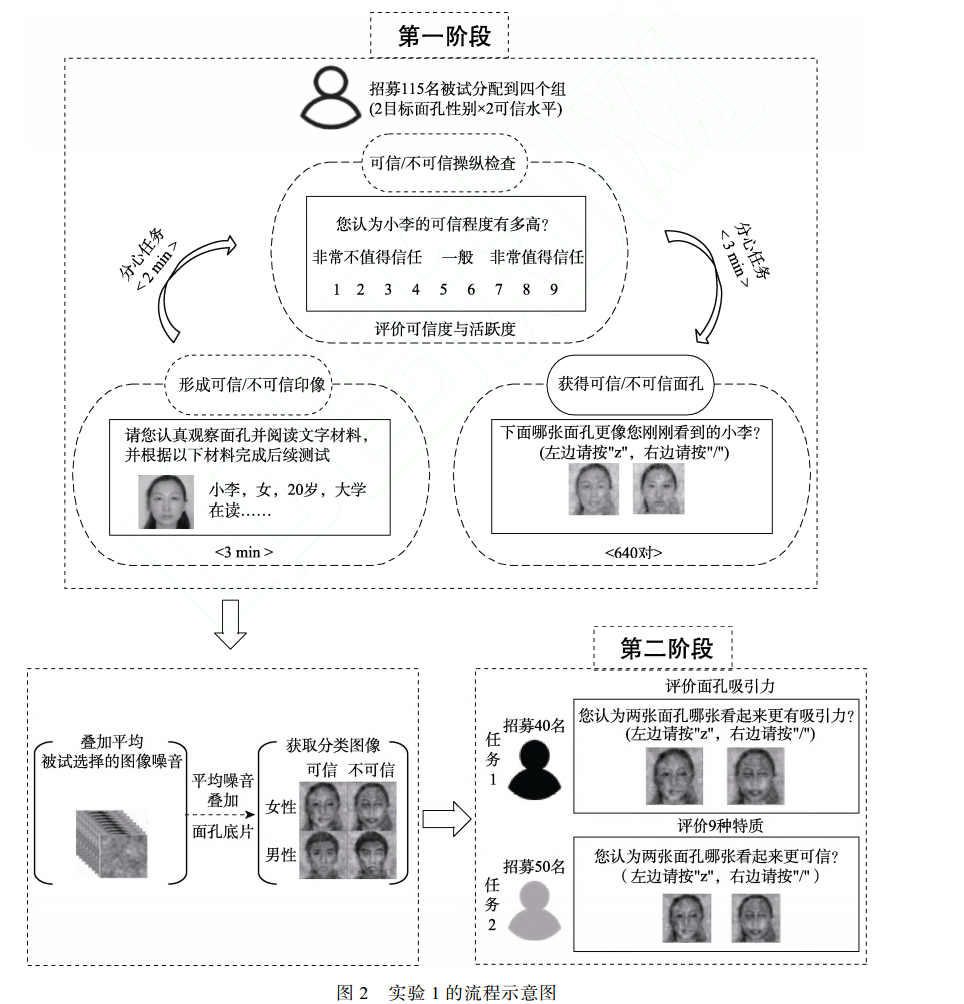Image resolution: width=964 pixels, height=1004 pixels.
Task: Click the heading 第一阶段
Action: [444, 37]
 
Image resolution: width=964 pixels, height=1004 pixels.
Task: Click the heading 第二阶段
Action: [666, 648]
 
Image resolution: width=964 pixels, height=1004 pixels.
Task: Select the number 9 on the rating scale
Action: [553, 290]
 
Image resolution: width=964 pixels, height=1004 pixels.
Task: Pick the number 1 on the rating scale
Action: [337, 290]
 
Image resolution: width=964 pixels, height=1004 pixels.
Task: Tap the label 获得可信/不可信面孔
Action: [634, 384]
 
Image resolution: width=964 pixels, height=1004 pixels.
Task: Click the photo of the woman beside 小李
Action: [165, 501]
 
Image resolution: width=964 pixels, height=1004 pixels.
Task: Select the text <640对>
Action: [633, 552]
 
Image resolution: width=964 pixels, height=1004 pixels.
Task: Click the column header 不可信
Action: [371, 770]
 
